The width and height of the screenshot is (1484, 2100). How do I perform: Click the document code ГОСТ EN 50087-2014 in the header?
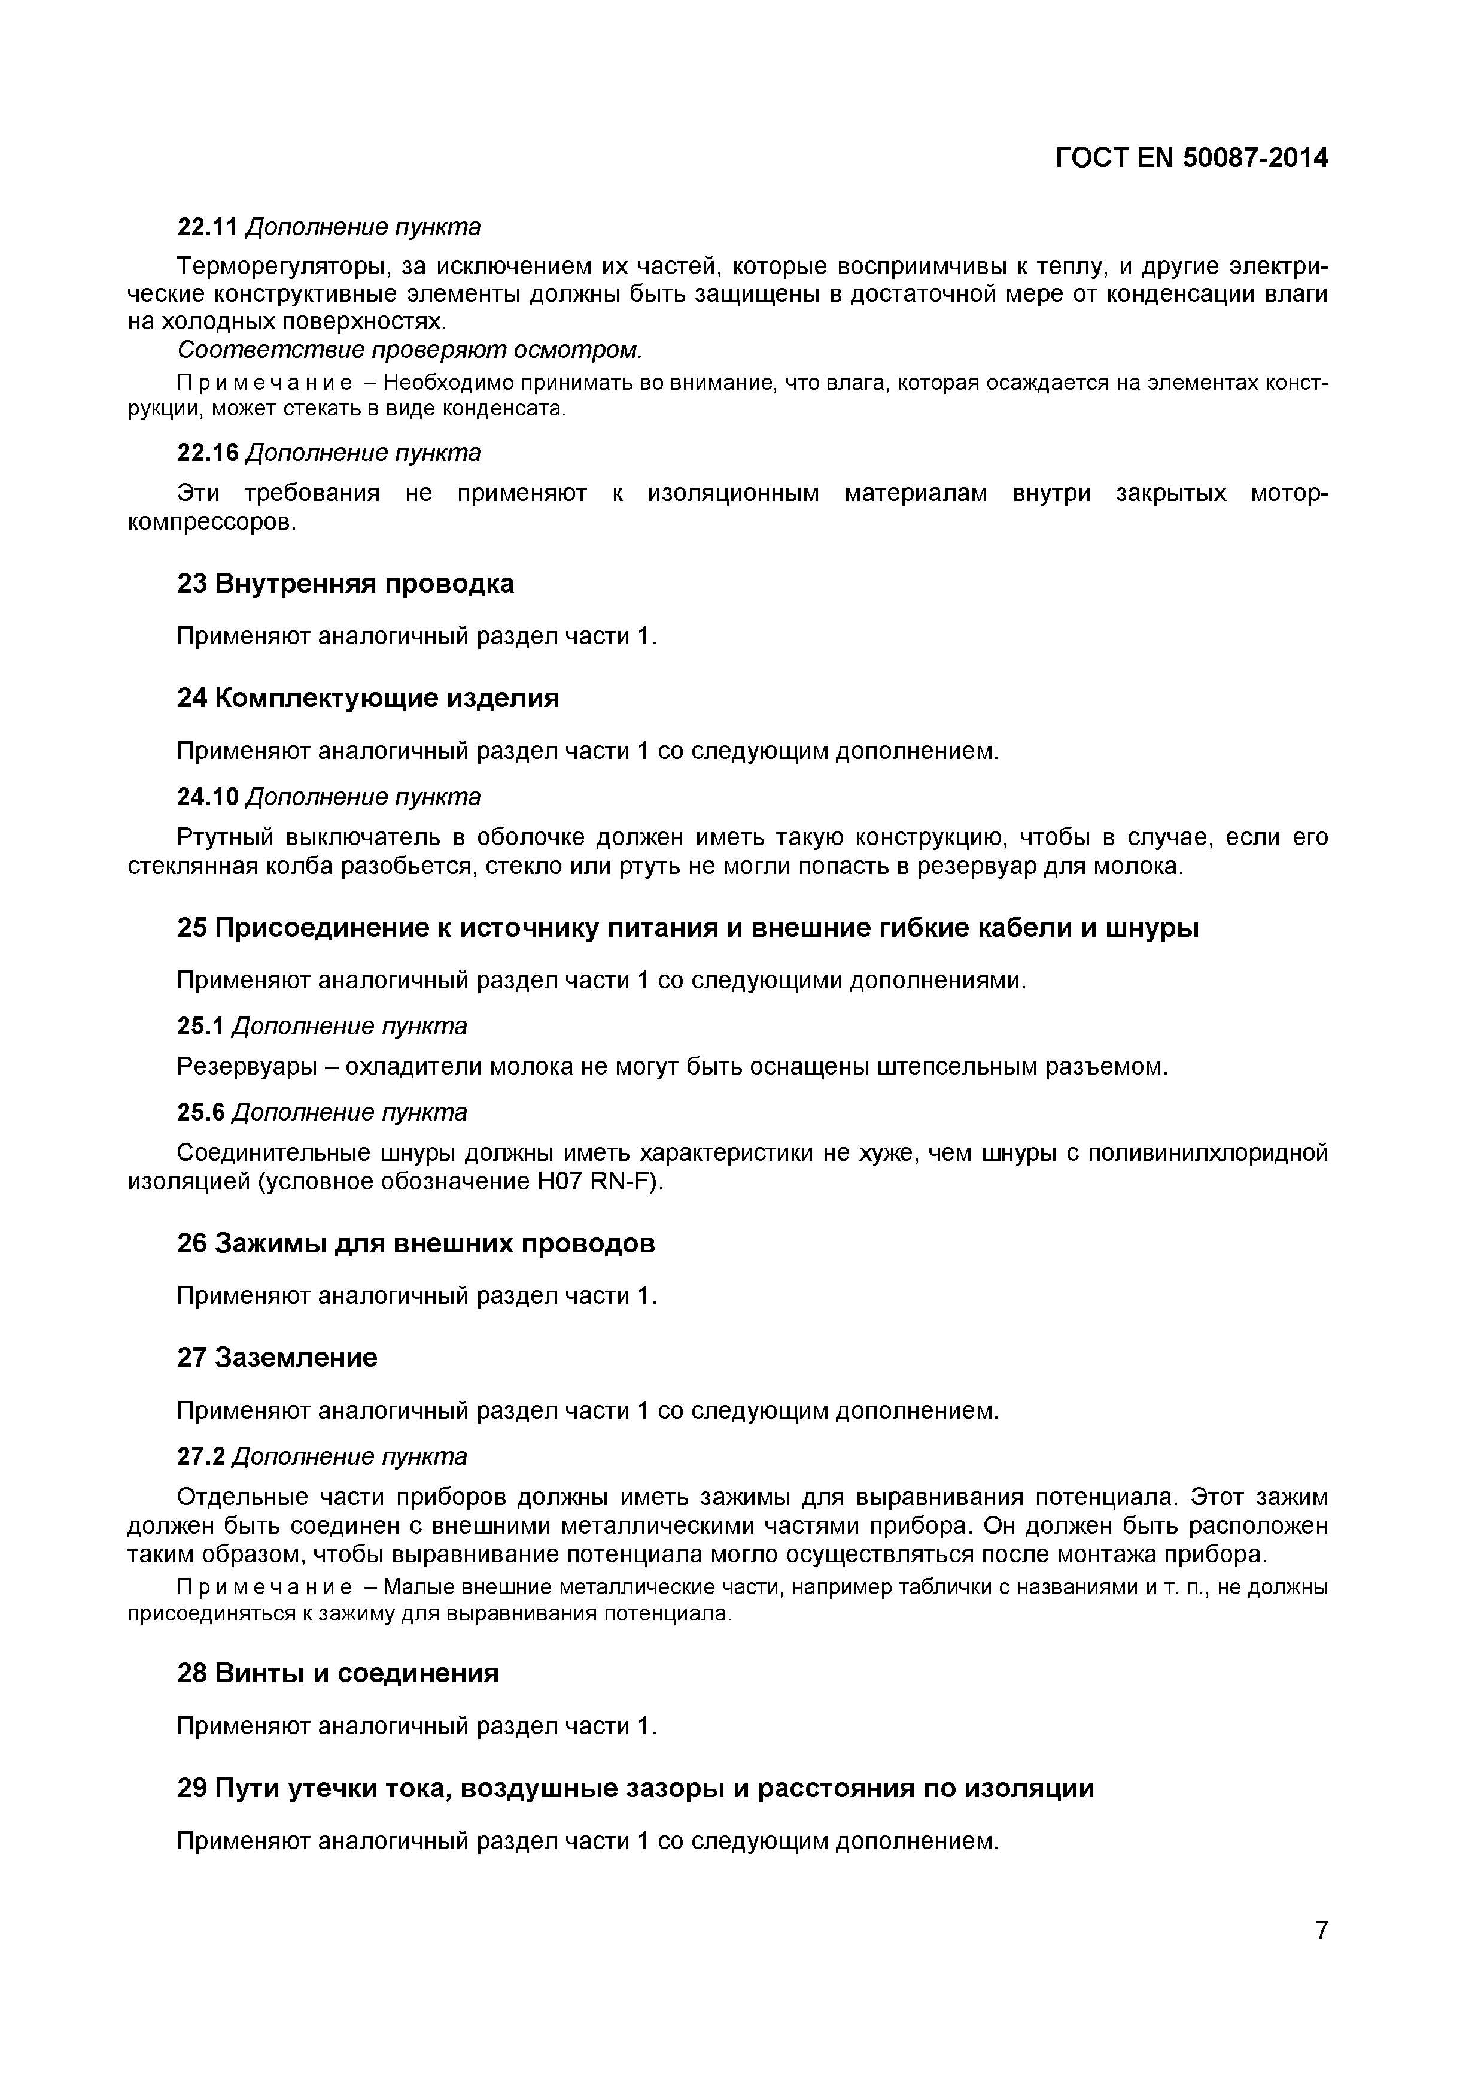tap(1191, 158)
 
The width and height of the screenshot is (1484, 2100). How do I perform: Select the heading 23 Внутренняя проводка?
tap(345, 584)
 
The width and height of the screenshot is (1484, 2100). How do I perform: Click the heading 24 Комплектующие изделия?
tap(367, 698)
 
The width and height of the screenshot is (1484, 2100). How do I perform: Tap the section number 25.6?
tap(200, 1112)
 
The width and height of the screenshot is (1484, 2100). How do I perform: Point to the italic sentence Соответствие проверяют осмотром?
tap(410, 350)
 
